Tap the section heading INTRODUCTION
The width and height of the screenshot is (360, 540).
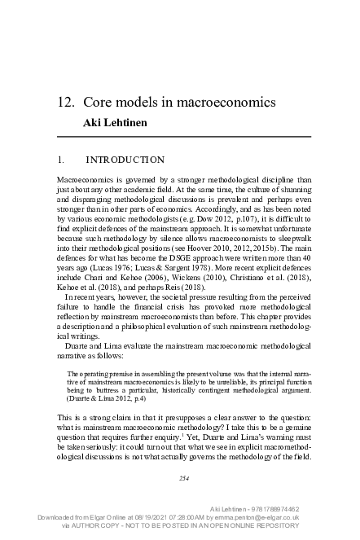pyautogui.click(x=125, y=160)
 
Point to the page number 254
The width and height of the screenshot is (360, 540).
pyautogui.click(x=184, y=478)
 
